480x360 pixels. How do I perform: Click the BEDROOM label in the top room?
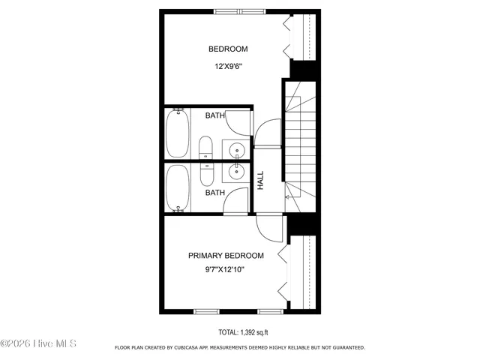227,49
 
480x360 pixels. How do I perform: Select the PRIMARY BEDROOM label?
226,255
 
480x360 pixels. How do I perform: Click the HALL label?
260,180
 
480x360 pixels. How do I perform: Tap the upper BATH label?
215,115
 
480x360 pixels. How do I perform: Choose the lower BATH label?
215,193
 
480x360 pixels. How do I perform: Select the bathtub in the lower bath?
178,187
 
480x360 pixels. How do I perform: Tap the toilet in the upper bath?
205,148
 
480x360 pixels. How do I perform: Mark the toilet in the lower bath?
205,172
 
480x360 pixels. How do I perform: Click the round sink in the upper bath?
236,148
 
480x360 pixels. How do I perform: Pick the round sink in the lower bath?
236,171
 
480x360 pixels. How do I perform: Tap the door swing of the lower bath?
237,200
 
